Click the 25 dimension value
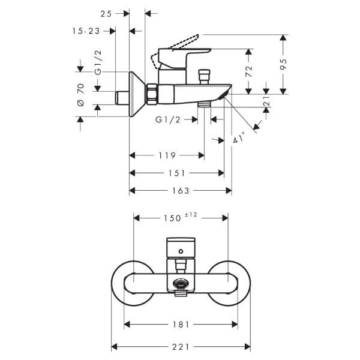[106, 13]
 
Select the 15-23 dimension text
[86, 30]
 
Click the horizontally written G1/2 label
[168, 119]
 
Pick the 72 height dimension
[249, 71]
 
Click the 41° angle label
[239, 139]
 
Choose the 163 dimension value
[180, 191]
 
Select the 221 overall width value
[181, 347]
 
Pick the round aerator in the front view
[179, 286]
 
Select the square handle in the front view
[180, 246]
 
